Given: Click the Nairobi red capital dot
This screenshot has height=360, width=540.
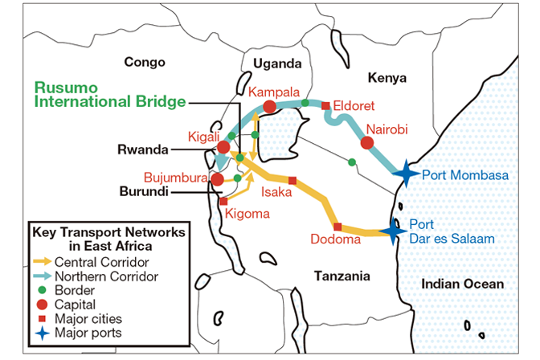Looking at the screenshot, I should [368, 143].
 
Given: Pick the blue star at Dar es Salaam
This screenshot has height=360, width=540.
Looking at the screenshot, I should [394, 231].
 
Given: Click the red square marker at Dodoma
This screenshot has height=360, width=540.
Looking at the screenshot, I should [337, 226].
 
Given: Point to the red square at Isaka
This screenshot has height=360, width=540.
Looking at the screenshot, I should [292, 180].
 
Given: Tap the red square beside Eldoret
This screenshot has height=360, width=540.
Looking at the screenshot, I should [325, 105].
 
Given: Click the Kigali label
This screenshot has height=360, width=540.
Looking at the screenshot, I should [201, 137].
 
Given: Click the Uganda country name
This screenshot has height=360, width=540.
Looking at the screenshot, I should [276, 63].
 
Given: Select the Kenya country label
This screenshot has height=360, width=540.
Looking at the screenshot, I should [387, 77].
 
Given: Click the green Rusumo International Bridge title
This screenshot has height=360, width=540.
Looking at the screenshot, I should [109, 95].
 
